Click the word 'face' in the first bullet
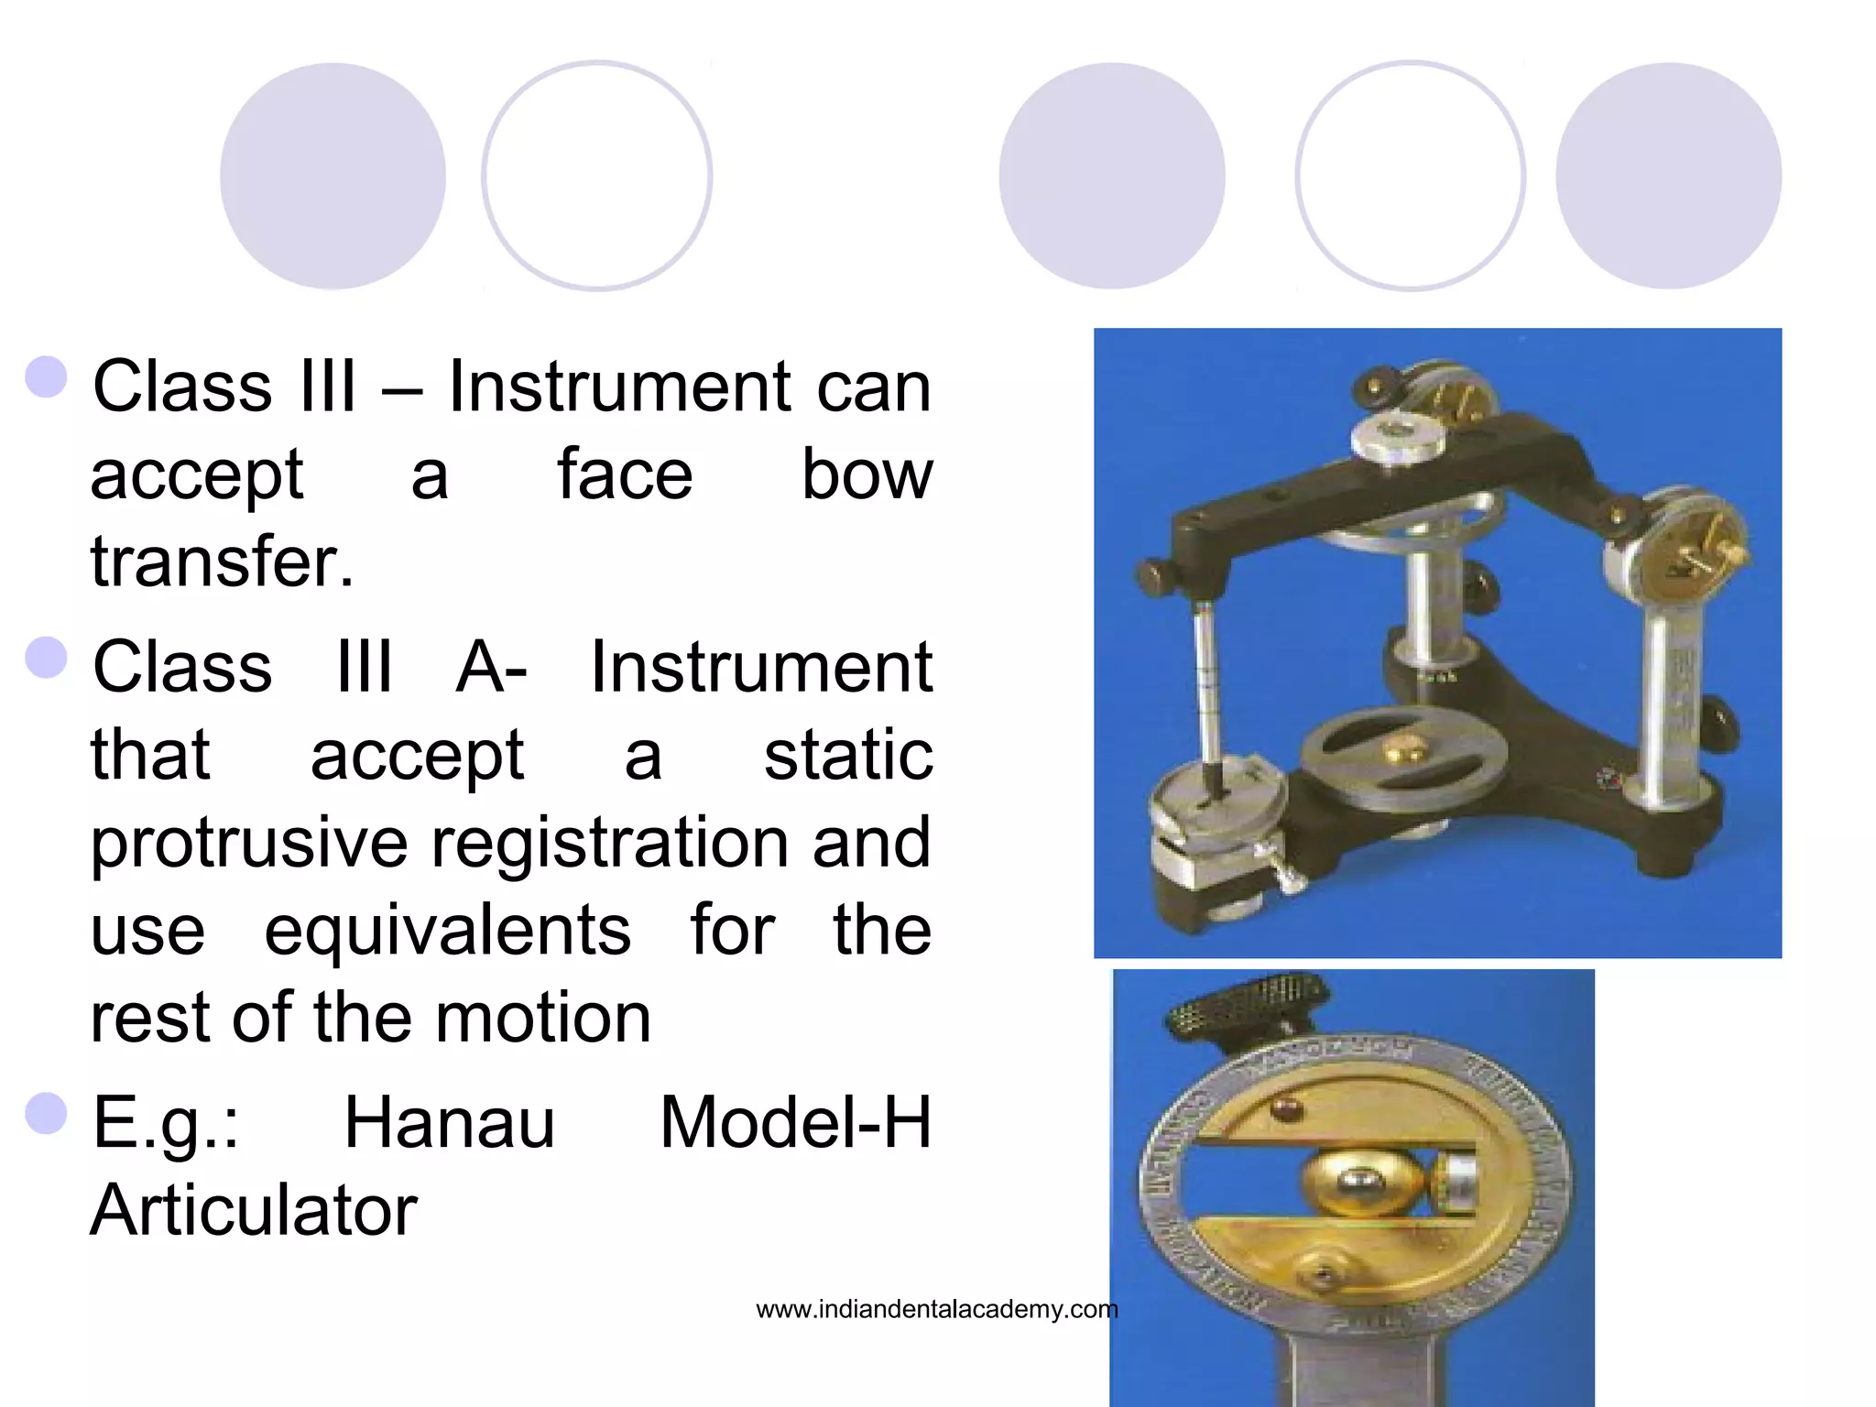625,474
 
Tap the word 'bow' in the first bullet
867,474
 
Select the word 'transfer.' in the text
222,561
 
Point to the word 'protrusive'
249,843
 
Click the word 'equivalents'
448,931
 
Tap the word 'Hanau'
449,1123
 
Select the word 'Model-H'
795,1123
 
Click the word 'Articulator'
254,1211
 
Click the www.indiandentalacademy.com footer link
936,1310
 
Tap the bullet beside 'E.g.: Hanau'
47,1113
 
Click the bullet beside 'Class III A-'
47,657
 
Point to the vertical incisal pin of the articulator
1207,687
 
